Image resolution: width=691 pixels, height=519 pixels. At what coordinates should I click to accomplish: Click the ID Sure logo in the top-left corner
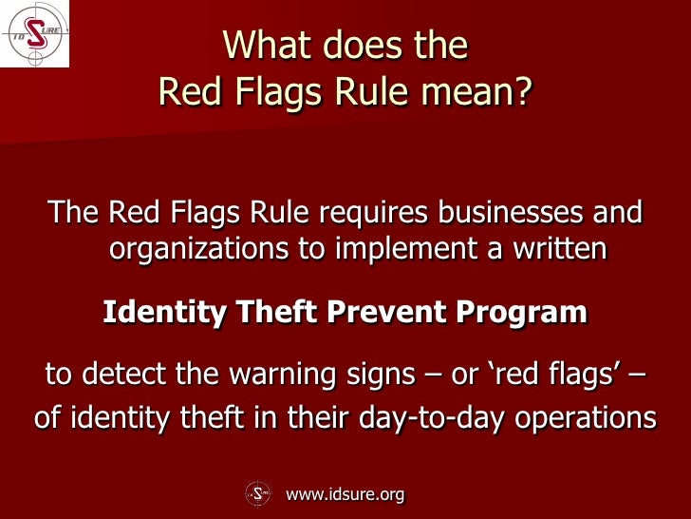(x=34, y=33)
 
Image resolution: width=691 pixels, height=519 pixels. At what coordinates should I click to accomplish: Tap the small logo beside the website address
(x=259, y=493)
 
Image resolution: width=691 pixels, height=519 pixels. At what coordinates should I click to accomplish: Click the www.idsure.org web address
(x=345, y=493)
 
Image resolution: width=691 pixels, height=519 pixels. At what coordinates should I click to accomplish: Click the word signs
(x=375, y=374)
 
